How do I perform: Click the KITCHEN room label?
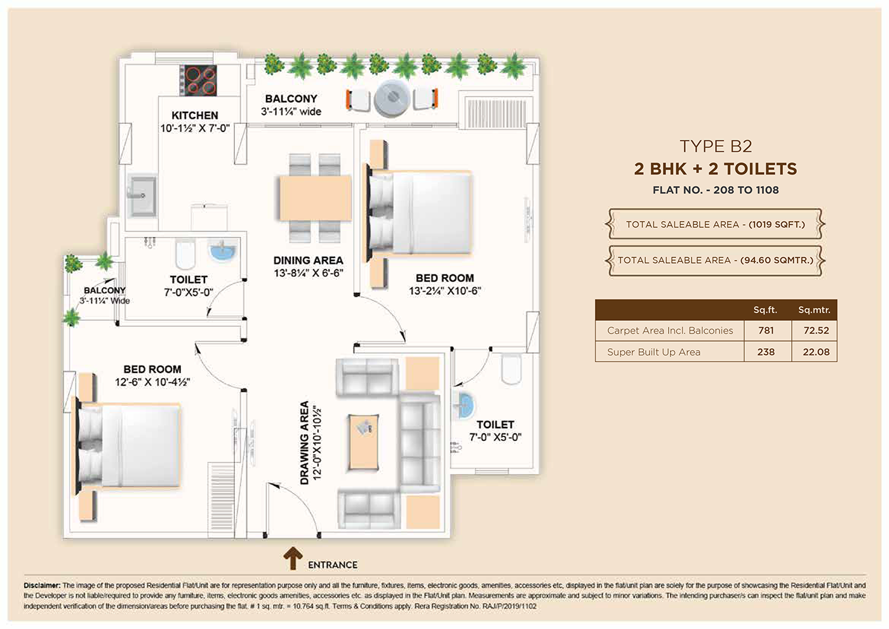point(195,115)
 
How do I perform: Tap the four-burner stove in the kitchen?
point(198,80)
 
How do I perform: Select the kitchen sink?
point(142,196)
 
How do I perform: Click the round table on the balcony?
point(392,98)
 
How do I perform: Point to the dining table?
point(316,198)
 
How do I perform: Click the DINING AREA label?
point(309,260)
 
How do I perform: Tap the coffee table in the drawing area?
point(363,442)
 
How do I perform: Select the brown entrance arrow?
point(293,558)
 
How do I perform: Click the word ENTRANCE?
point(333,565)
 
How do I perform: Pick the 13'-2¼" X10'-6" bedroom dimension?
point(445,291)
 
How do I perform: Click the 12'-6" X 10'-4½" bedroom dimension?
point(152,382)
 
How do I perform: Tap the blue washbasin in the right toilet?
point(464,405)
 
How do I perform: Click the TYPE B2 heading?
point(716,146)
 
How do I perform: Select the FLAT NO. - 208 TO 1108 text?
point(716,190)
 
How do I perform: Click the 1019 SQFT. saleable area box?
point(715,224)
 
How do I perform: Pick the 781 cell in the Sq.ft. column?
point(766,330)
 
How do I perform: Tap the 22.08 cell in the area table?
point(816,352)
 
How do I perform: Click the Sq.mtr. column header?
point(814,310)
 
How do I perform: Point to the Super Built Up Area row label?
point(653,352)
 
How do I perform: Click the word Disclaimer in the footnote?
point(42,585)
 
